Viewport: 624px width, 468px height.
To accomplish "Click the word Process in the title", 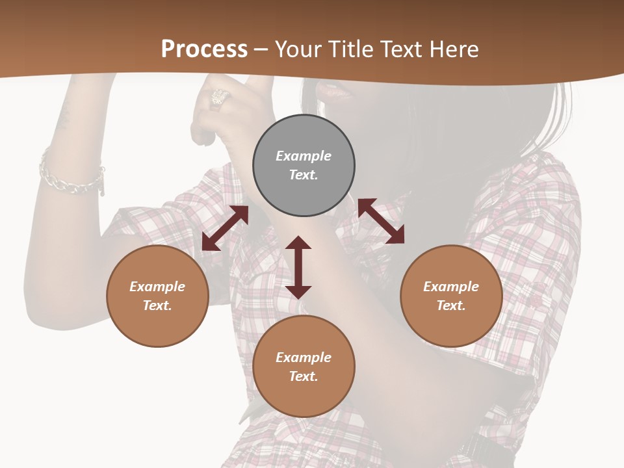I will (204, 49).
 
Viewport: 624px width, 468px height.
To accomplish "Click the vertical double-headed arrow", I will (298, 267).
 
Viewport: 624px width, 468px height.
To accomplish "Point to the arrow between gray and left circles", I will (225, 228).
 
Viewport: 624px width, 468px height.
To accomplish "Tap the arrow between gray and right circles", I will (381, 221).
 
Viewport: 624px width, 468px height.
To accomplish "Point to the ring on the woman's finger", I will (219, 98).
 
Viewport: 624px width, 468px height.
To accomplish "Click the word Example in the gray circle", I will (304, 156).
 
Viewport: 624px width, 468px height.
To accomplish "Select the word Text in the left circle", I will (157, 305).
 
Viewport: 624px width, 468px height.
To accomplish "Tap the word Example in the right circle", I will (451, 287).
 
